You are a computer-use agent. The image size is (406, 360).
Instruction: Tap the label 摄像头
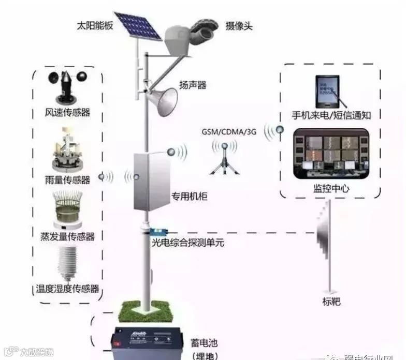click(x=239, y=25)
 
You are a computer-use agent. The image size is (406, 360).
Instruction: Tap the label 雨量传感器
click(x=67, y=180)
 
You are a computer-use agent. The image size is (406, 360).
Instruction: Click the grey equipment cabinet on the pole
click(x=152, y=181)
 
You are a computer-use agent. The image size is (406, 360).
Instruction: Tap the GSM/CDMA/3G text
click(x=229, y=131)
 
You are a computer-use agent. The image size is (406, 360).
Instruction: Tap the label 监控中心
click(x=331, y=188)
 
